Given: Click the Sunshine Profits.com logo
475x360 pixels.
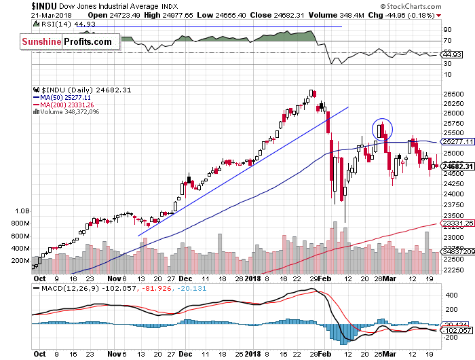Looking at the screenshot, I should [x=66, y=42].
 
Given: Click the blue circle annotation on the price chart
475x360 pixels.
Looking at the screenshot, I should [x=382, y=128].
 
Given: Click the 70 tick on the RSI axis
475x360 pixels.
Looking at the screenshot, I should [x=447, y=40].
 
